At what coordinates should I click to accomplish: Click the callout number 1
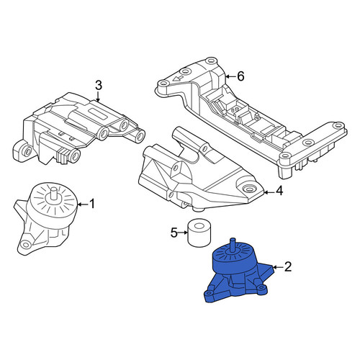tap(92, 204)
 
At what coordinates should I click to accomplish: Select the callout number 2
tap(288, 266)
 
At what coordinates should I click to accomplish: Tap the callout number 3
tap(99, 85)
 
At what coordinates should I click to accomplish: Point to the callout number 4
tap(279, 192)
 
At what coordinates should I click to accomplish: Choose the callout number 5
tap(174, 233)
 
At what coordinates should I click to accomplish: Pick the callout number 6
tap(240, 76)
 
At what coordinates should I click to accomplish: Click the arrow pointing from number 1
tap(83, 204)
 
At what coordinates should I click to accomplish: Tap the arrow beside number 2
tap(278, 267)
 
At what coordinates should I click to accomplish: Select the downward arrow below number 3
tap(98, 96)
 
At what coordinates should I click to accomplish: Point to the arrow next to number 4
tap(269, 192)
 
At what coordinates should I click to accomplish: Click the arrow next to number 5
tap(183, 233)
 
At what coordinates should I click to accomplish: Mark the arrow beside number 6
tap(231, 76)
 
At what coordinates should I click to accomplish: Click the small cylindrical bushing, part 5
tap(199, 232)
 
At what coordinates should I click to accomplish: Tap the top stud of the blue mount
tap(233, 246)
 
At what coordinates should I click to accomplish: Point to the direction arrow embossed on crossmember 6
tap(178, 78)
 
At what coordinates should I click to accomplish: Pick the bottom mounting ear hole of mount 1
tap(24, 245)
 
